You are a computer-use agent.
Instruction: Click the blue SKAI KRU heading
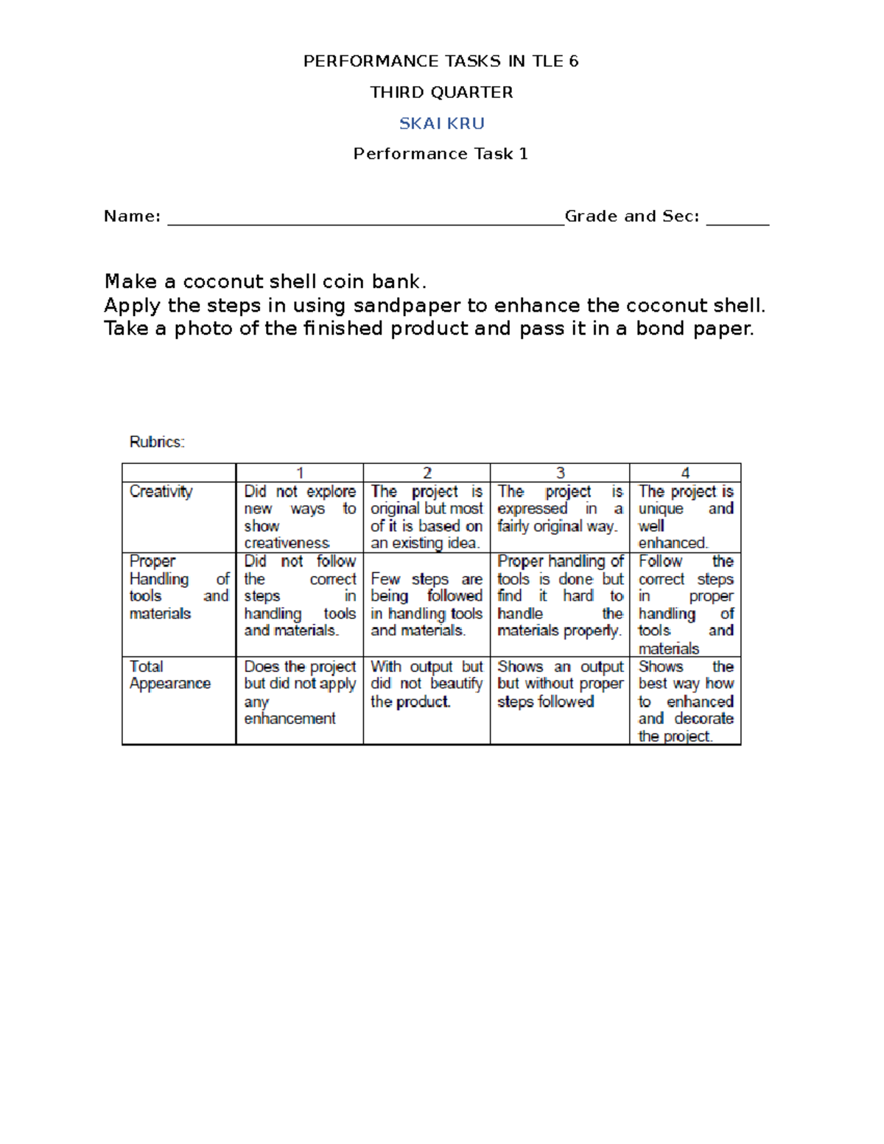tap(441, 123)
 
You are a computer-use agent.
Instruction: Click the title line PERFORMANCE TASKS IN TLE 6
tap(441, 61)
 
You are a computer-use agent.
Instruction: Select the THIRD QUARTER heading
tap(441, 92)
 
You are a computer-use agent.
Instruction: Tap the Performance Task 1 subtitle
tap(441, 153)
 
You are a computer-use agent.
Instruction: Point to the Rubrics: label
tap(157, 442)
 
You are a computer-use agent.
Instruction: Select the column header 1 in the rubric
tap(300, 473)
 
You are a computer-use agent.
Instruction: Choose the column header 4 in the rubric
tap(685, 473)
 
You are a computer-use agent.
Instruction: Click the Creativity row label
tap(161, 491)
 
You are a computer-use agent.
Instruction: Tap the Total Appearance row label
tap(169, 675)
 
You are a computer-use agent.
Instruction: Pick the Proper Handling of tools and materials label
tap(179, 587)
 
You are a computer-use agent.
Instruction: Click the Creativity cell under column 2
tap(427, 517)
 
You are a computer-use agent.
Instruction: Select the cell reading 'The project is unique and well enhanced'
tap(685, 517)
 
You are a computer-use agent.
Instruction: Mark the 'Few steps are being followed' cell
tap(427, 604)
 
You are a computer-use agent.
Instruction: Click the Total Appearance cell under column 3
tap(560, 684)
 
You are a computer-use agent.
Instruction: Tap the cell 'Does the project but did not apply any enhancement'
tap(300, 692)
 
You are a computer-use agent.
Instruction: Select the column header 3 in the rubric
tap(560, 473)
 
